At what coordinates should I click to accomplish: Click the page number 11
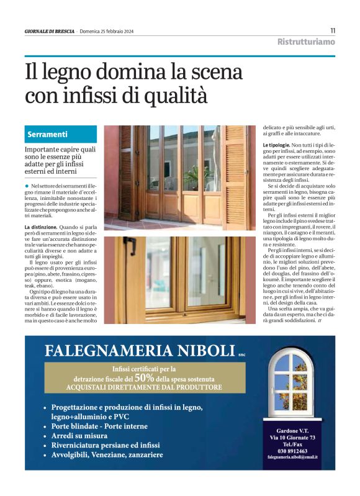[333, 30]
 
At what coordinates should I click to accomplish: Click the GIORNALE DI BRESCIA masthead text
[50, 31]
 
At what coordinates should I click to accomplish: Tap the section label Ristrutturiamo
[306, 42]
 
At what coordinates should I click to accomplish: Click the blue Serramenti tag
[48, 134]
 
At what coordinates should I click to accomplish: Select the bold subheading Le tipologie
[279, 145]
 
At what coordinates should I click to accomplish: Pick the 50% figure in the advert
[144, 377]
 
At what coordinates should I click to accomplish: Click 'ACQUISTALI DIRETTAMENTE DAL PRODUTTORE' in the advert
[143, 387]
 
